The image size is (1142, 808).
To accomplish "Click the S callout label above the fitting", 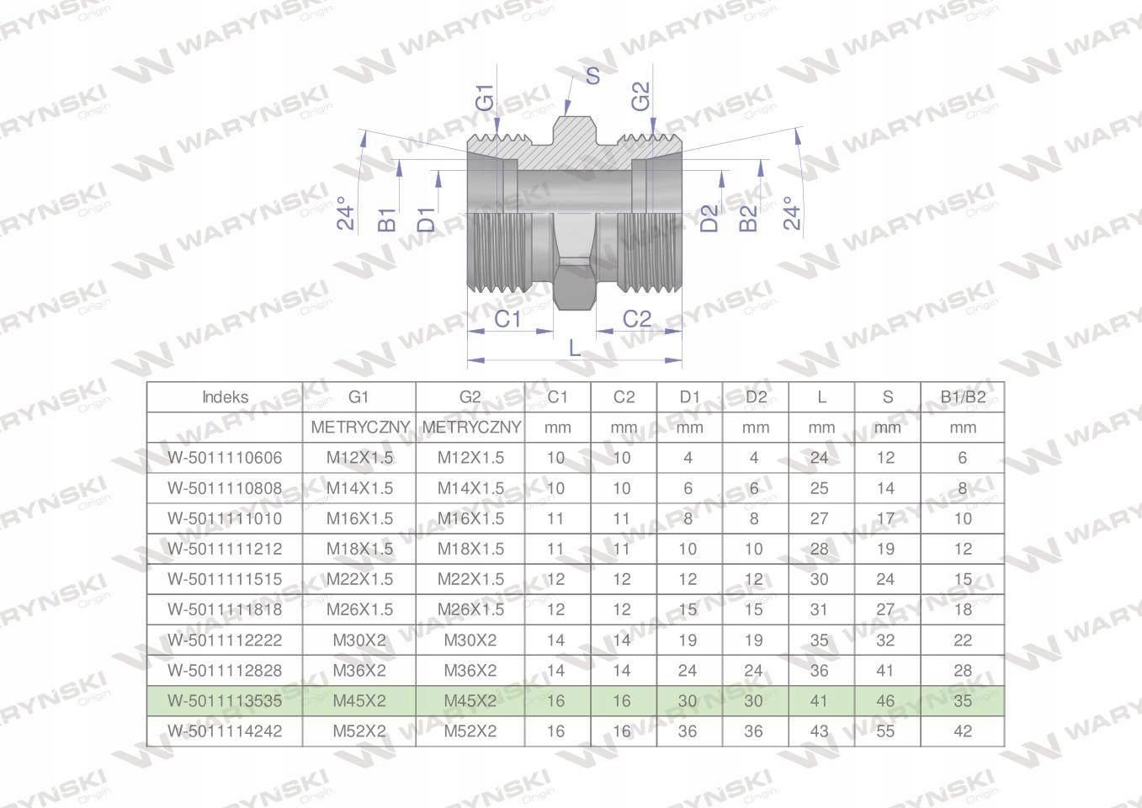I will pyautogui.click(x=592, y=76).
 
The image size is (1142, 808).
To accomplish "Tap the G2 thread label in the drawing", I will pyautogui.click(x=641, y=96).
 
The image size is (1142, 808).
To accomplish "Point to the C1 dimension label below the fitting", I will pyautogui.click(x=507, y=320).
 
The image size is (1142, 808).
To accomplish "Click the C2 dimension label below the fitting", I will pyautogui.click(x=637, y=319).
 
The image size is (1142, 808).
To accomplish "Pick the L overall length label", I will pyautogui.click(x=575, y=348).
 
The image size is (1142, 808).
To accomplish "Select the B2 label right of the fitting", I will pyautogui.click(x=748, y=219).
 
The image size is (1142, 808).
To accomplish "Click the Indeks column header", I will pyautogui.click(x=225, y=397).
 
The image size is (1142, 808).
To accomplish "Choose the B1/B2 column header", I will pyautogui.click(x=963, y=397).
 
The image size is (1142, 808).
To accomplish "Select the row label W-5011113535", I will pyautogui.click(x=225, y=701).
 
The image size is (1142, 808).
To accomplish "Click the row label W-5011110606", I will pyautogui.click(x=225, y=458).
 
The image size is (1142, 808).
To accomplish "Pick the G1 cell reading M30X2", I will pyautogui.click(x=359, y=641).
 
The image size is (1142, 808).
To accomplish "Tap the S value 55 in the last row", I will pyautogui.click(x=887, y=731).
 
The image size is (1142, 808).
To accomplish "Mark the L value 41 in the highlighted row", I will pyautogui.click(x=821, y=701).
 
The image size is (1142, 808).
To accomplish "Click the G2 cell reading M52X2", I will pyautogui.click(x=470, y=731).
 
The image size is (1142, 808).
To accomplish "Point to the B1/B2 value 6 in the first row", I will pyautogui.click(x=963, y=458).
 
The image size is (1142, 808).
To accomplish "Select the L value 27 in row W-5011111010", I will pyautogui.click(x=820, y=518).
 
